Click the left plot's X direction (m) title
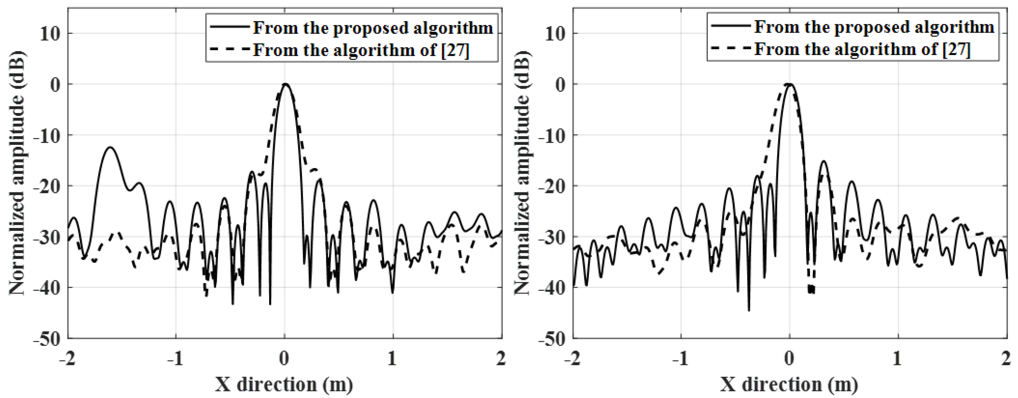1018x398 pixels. click(284, 385)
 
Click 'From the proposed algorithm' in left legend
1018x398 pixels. click(373, 28)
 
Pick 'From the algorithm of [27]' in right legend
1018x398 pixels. click(862, 49)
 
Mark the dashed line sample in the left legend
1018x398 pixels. click(229, 49)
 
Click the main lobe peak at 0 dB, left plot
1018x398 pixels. click(285, 84)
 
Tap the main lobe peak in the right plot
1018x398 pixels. click(790, 84)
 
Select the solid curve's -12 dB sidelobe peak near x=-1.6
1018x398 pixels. click(110, 148)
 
